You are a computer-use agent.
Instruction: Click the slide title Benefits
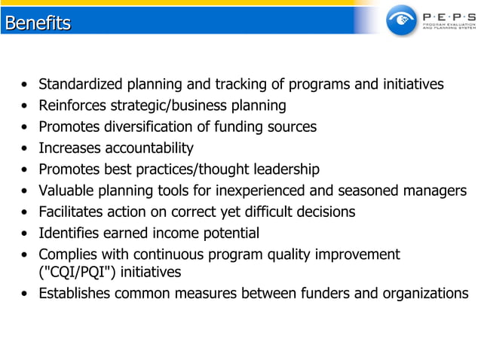38,23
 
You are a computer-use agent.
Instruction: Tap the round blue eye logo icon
401,20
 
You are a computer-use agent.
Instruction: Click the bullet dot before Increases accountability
26,148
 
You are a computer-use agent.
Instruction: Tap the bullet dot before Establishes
26,294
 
